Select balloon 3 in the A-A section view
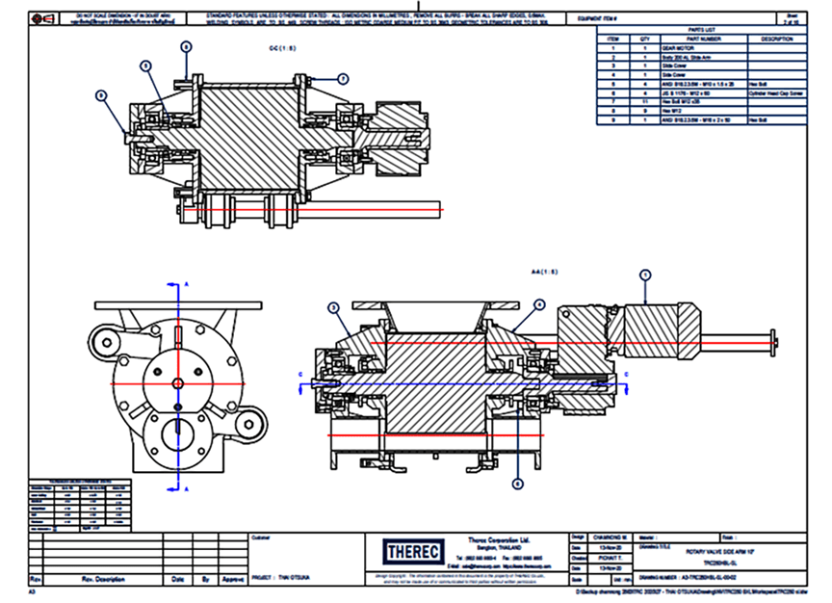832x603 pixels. point(333,307)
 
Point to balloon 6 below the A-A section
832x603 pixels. point(517,485)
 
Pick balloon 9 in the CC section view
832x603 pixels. point(100,95)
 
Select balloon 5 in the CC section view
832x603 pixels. point(145,66)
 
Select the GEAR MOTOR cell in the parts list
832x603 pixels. point(689,47)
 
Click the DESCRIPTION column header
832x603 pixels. point(776,39)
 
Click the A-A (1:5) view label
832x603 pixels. point(546,272)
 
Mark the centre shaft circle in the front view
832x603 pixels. point(178,383)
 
